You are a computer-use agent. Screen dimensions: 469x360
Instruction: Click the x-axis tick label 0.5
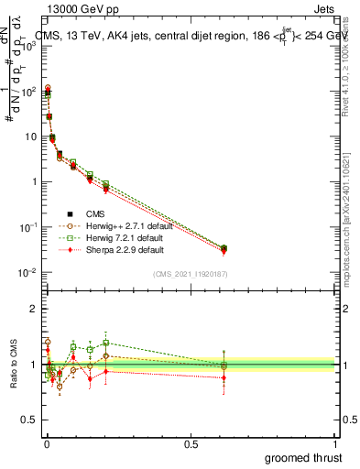[x=191, y=442]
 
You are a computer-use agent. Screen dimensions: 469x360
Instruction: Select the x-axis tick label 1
[x=336, y=442]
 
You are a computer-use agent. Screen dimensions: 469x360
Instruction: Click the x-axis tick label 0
[x=47, y=442]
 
